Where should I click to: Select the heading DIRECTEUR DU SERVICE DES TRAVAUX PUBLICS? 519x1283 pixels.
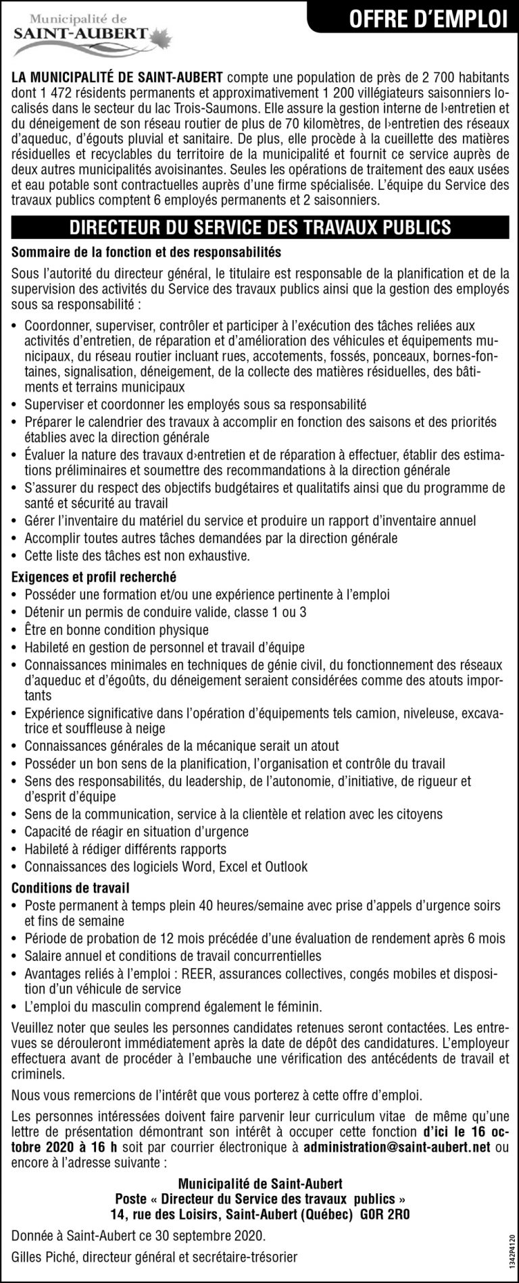pyautogui.click(x=259, y=226)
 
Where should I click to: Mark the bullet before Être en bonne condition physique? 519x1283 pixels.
pyautogui.click(x=15, y=630)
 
